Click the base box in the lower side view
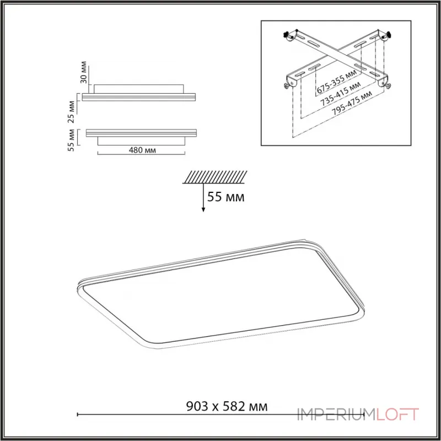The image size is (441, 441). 141,141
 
